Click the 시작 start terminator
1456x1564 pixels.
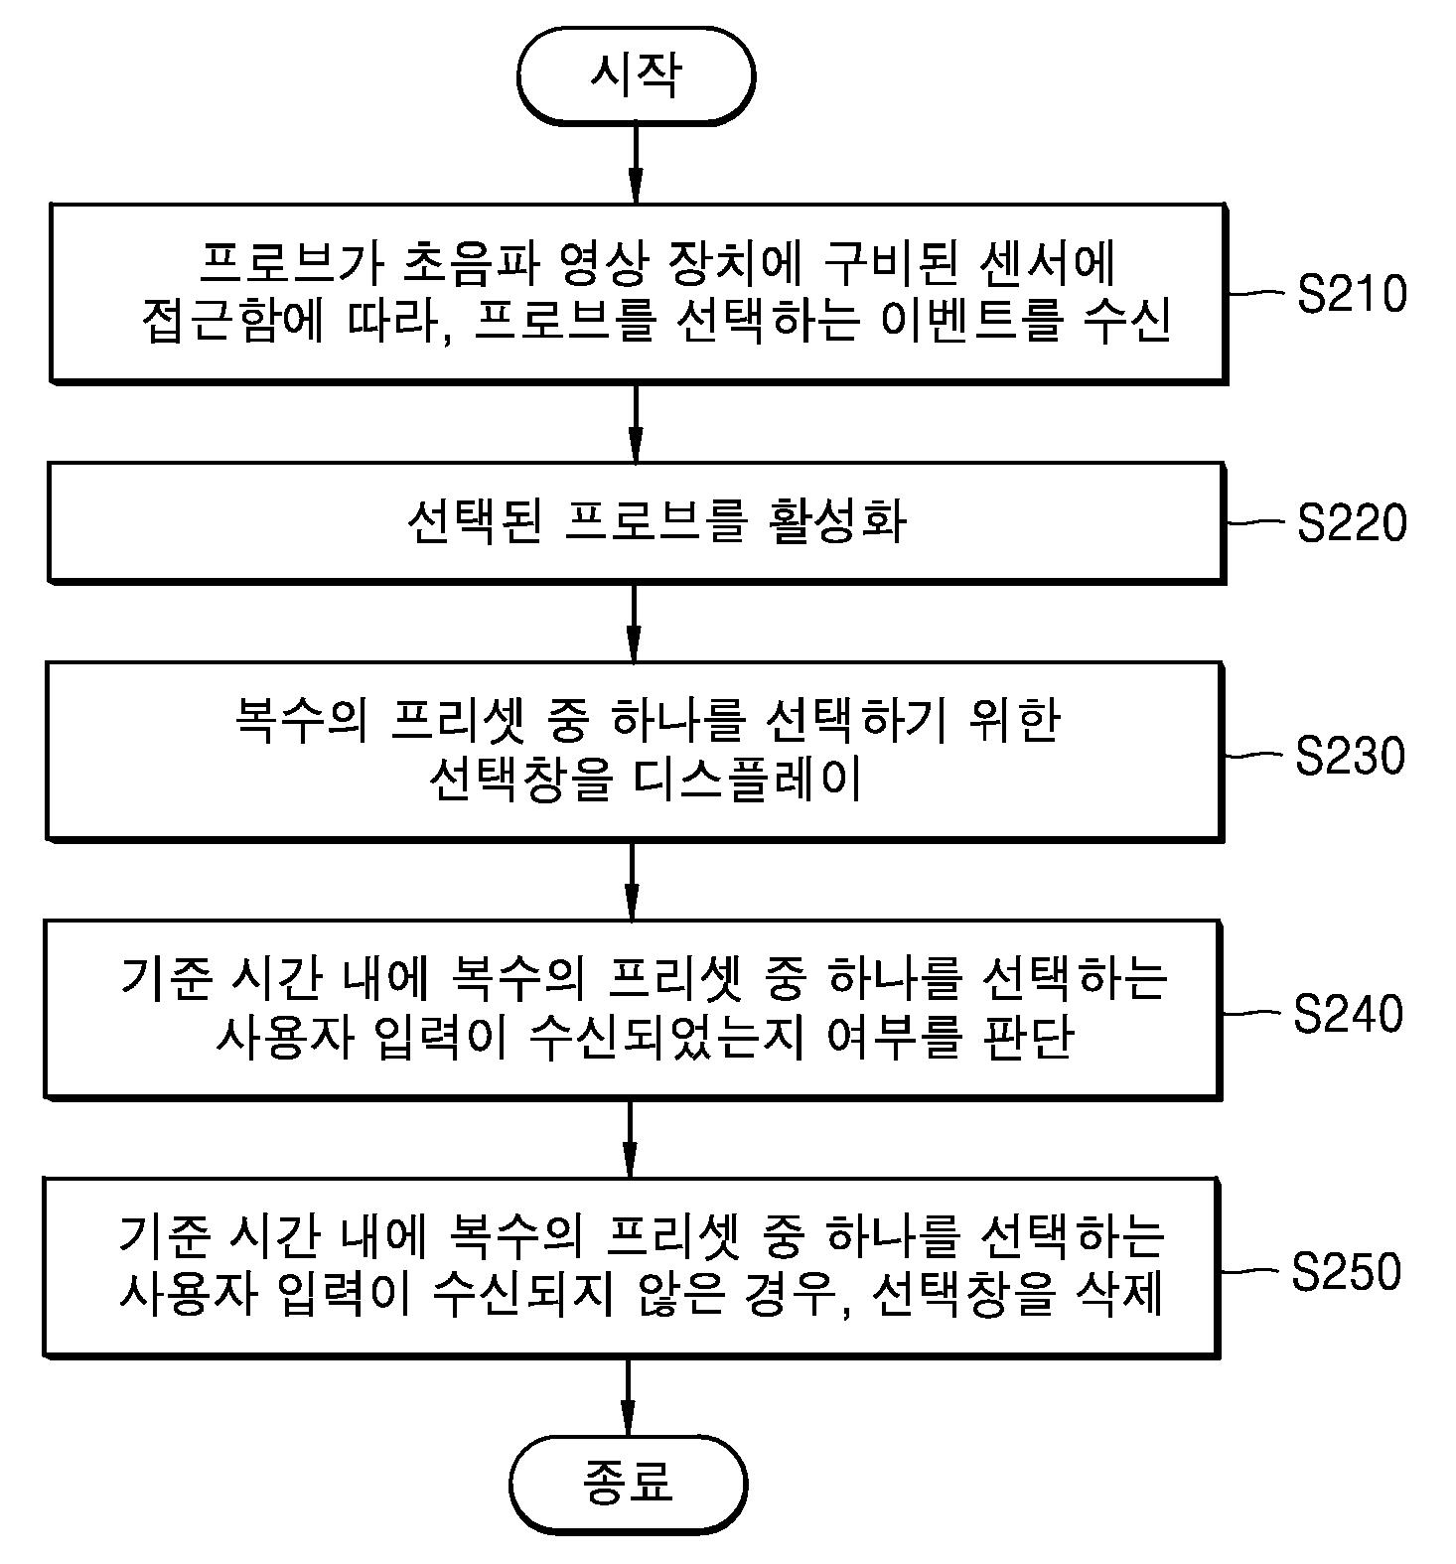pos(636,75)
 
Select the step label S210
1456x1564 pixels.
pos(1352,294)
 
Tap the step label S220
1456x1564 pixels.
pos(1352,523)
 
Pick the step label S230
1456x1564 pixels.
pos(1350,755)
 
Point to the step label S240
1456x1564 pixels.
pos(1348,1013)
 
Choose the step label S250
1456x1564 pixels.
pos(1346,1271)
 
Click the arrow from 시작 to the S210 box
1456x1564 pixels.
pos(636,165)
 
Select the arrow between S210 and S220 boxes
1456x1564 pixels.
pos(636,423)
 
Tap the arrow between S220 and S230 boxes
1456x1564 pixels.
pos(635,623)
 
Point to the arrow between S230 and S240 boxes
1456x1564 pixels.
pos(633,881)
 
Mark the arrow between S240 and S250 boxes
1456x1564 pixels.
pos(631,1139)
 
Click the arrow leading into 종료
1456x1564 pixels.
pos(629,1396)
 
